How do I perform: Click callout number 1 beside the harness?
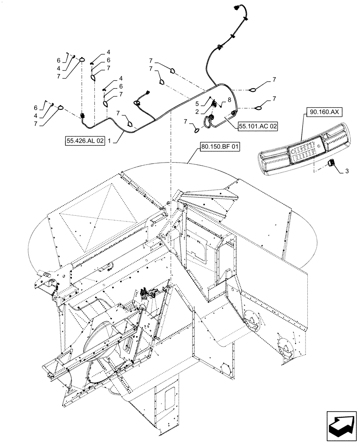pyautogui.click(x=109, y=141)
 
